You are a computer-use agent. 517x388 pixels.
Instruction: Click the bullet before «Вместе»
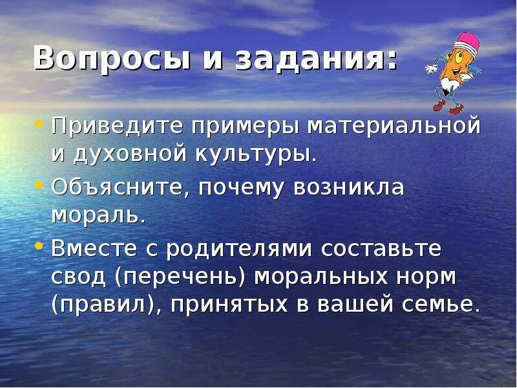(x=38, y=246)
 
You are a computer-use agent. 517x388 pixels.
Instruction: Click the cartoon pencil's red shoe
(x=441, y=105)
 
